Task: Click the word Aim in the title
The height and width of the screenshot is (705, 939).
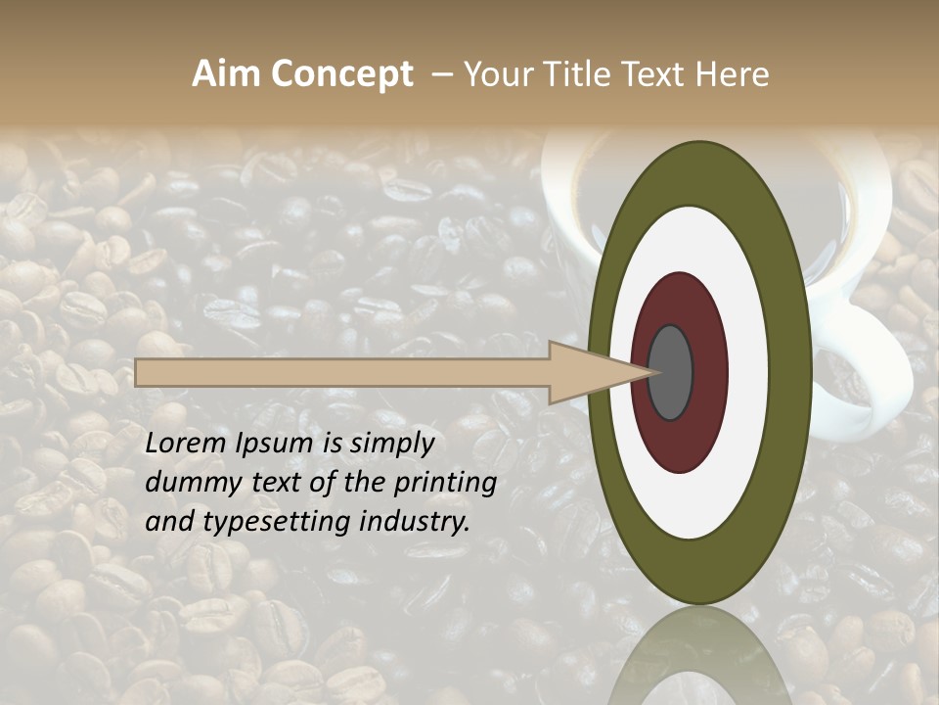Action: (x=227, y=74)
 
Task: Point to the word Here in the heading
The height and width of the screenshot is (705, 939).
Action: (x=733, y=74)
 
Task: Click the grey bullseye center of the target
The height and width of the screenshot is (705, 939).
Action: (x=670, y=372)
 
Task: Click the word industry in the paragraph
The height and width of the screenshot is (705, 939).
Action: (x=415, y=522)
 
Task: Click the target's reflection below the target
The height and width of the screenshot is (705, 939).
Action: (x=700, y=656)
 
